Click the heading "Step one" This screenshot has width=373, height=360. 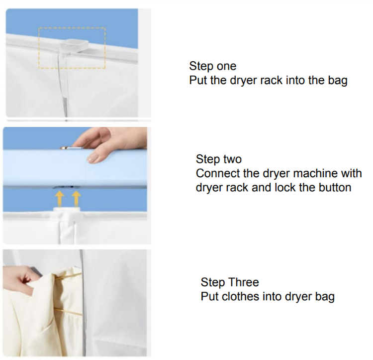click(213, 66)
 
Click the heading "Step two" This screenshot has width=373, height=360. click(219, 159)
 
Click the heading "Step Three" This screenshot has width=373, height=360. click(230, 282)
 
